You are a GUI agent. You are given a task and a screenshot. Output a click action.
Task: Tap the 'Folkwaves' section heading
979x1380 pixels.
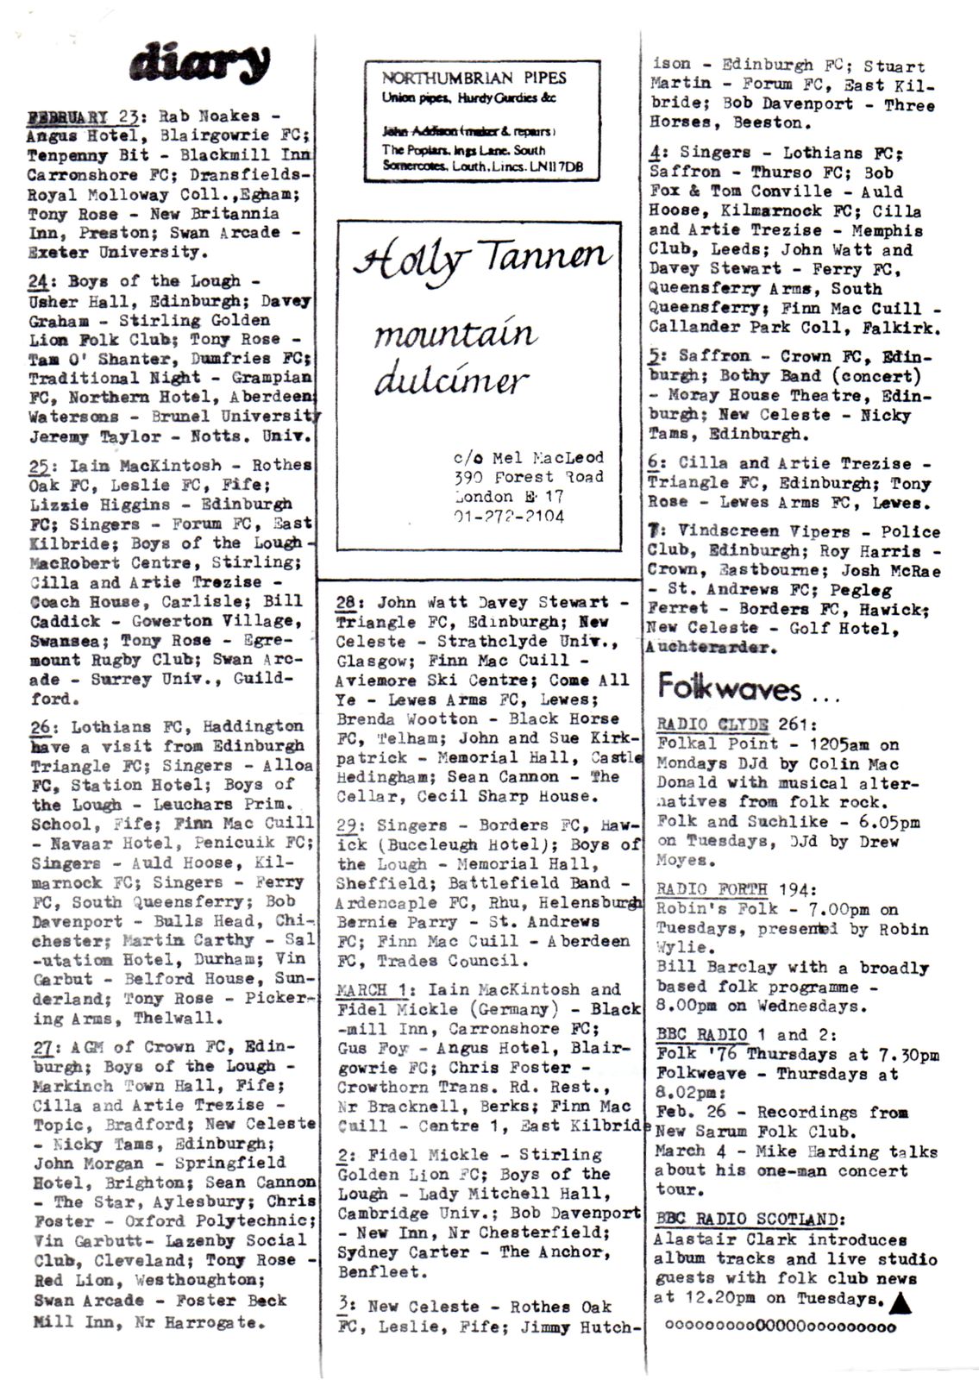pos(729,687)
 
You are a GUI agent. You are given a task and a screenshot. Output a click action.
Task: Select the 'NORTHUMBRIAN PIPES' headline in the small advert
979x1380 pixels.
pos(474,78)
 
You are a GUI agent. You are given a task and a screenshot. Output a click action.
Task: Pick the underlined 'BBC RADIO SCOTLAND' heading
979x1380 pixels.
pos(750,1220)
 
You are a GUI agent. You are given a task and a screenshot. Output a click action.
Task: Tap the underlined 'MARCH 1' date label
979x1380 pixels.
pos(376,989)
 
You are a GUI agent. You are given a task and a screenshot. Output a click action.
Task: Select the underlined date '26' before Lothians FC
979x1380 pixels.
pos(41,727)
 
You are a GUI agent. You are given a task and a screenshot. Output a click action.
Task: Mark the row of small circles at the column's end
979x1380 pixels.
pos(781,1327)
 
